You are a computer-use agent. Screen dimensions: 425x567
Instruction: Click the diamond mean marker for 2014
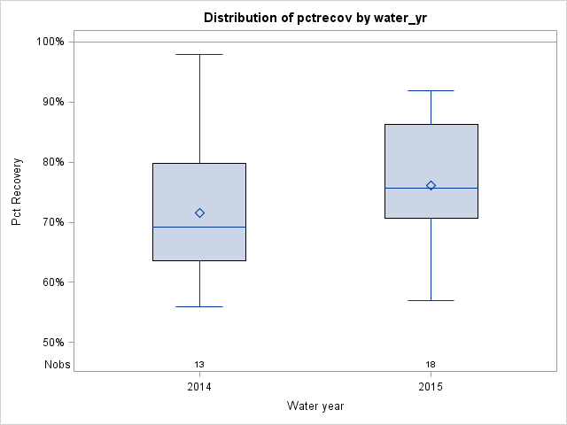click(199, 212)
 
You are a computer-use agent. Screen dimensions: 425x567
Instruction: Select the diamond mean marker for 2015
click(431, 185)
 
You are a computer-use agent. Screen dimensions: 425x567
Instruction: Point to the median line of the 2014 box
click(199, 227)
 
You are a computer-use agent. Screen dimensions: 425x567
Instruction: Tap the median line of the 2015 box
click(431, 188)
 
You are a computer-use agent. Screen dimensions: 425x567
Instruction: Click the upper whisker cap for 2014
click(199, 54)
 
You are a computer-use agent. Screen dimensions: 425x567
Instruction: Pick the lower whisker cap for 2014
click(199, 306)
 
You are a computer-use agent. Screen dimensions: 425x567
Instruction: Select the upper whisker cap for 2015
click(431, 90)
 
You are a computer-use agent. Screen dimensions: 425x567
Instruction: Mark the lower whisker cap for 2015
click(431, 300)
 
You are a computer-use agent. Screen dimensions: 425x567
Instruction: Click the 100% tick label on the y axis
click(50, 42)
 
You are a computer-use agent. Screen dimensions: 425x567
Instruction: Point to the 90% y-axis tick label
click(51, 102)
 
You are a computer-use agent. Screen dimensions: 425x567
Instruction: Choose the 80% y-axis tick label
click(51, 162)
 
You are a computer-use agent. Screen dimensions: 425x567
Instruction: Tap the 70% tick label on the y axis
click(51, 222)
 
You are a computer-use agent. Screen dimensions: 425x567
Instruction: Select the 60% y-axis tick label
click(51, 282)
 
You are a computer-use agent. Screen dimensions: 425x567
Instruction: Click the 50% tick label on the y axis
click(51, 343)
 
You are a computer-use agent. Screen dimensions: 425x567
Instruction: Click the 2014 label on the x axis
click(199, 388)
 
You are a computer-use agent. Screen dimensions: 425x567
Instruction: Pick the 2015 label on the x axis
click(431, 388)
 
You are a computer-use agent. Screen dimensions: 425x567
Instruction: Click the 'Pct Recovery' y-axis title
click(17, 192)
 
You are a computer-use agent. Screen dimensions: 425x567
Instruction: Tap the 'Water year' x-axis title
click(315, 406)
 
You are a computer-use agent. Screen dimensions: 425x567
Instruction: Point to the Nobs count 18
click(431, 365)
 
